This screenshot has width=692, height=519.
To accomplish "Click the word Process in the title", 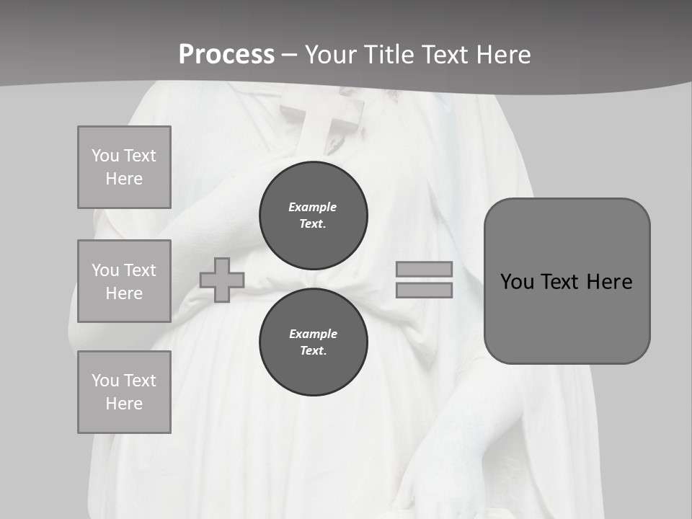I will (x=226, y=55).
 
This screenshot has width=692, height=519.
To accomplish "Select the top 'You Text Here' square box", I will (x=124, y=167).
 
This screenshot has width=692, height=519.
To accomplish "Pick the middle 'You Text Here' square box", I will (x=124, y=281).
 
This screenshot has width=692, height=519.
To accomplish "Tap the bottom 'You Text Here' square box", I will (x=124, y=392).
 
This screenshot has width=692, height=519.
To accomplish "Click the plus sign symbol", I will (x=222, y=280).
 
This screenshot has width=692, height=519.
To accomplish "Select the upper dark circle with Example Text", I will (x=314, y=215).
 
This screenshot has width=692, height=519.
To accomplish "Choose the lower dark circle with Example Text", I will (x=314, y=342).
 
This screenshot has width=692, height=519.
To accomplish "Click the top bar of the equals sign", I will (x=424, y=269).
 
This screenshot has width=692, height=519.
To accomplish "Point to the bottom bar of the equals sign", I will (x=424, y=290).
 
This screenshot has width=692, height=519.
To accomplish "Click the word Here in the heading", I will (x=502, y=55).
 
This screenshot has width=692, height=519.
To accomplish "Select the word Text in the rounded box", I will (x=559, y=282).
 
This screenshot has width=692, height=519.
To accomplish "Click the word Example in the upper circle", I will (x=313, y=207).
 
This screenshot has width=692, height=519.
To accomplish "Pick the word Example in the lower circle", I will (x=313, y=334).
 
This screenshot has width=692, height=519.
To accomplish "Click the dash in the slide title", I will (x=290, y=55).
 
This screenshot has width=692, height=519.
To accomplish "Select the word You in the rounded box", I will (x=518, y=282).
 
